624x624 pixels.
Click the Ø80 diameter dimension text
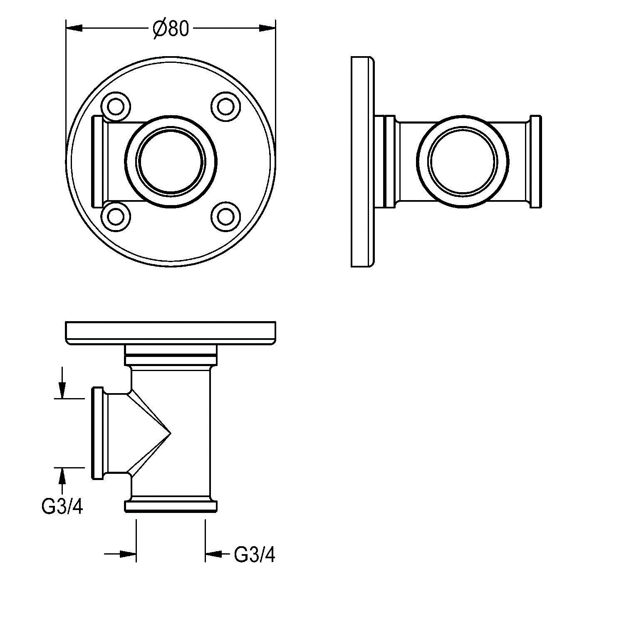(x=171, y=29)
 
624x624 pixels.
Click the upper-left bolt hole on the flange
(x=115, y=106)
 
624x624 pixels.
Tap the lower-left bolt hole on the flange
(x=115, y=216)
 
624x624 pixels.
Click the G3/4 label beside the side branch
(x=62, y=507)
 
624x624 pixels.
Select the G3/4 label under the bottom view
(x=255, y=555)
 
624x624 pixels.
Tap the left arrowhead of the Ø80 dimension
(x=74, y=28)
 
